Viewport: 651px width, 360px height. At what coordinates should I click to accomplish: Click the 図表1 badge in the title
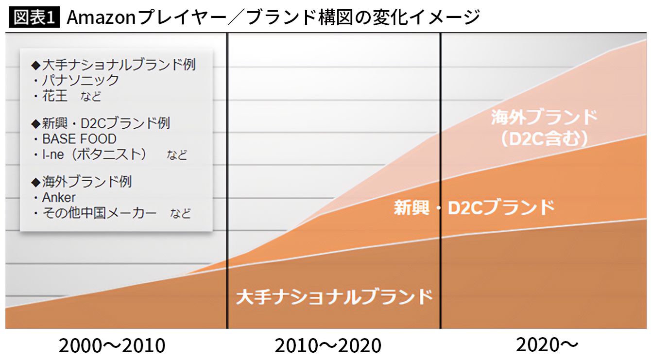(34, 17)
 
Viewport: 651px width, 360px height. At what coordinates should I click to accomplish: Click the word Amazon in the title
(102, 17)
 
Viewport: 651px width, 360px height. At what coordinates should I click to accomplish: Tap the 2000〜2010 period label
(112, 346)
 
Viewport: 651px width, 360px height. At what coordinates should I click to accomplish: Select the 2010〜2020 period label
(328, 346)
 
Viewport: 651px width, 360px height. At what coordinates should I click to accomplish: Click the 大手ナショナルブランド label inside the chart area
(334, 296)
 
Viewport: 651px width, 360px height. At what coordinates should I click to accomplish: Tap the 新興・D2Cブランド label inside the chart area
(474, 207)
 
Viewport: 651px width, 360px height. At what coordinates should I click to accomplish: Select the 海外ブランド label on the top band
(544, 118)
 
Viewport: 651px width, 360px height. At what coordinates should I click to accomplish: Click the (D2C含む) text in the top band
(544, 139)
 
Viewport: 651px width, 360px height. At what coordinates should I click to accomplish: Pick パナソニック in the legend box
(80, 80)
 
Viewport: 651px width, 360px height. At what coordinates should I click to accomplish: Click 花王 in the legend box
(55, 96)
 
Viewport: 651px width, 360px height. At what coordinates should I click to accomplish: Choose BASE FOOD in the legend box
(79, 139)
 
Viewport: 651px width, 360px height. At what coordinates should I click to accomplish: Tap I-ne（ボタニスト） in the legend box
(94, 154)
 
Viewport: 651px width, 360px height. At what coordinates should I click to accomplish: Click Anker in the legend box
(59, 197)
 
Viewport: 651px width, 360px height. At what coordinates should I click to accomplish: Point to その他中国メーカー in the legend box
(99, 213)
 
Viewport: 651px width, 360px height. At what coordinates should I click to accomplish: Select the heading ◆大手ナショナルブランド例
(113, 65)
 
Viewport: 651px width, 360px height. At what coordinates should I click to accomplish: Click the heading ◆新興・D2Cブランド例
(100, 123)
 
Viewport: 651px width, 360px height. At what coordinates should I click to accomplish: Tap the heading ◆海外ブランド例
(81, 182)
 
